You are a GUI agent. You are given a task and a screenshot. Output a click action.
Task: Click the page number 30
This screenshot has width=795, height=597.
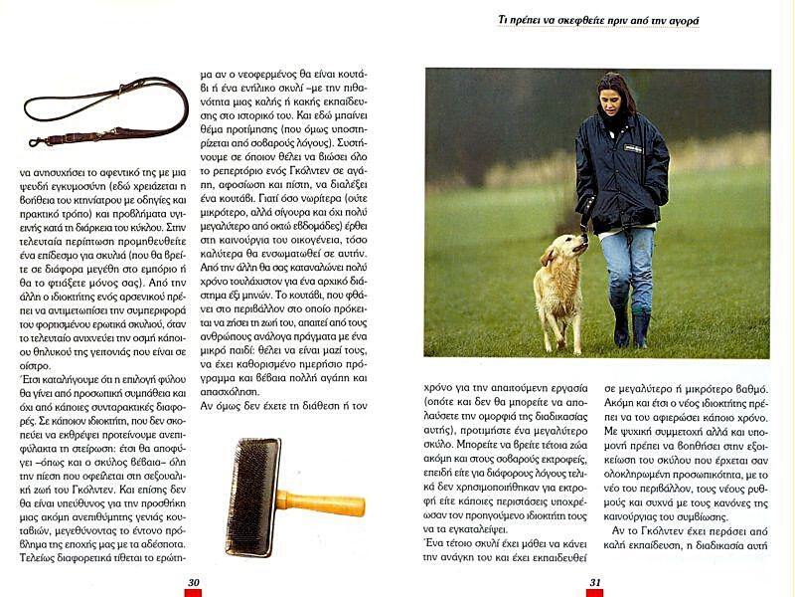point(194,582)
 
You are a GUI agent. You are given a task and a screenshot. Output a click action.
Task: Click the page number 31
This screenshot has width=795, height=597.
point(595,582)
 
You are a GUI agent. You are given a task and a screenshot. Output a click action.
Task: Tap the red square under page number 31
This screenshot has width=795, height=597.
point(594,593)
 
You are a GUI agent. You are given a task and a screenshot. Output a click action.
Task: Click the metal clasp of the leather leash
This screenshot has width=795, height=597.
point(38,142)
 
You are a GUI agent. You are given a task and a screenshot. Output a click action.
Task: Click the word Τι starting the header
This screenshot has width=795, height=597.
point(503,19)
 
